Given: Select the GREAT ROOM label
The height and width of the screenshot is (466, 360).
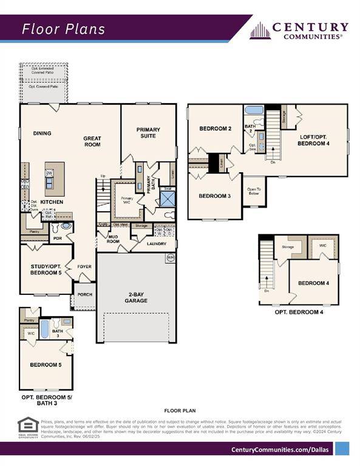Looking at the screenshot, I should click(92, 142).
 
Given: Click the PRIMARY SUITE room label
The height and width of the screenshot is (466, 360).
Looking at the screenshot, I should click(148, 132).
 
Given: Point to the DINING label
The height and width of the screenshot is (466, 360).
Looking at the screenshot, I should click(42, 133).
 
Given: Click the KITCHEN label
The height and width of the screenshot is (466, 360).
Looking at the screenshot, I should click(53, 201).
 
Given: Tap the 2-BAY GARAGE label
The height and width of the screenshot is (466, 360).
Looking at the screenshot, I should click(137, 297).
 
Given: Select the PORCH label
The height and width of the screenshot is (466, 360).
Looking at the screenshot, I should click(84, 295).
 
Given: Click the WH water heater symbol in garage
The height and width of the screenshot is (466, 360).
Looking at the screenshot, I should click(171, 258).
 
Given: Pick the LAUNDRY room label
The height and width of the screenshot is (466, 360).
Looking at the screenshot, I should click(156, 244).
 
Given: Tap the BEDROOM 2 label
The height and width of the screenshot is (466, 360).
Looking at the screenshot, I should click(216, 129).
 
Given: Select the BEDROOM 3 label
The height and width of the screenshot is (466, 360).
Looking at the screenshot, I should click(216, 196).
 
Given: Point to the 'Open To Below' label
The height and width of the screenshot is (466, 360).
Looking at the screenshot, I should click(254, 191).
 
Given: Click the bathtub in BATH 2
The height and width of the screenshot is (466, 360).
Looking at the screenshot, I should click(254, 110).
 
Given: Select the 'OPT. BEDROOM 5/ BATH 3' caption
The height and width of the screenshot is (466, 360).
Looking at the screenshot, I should click(46, 400).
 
